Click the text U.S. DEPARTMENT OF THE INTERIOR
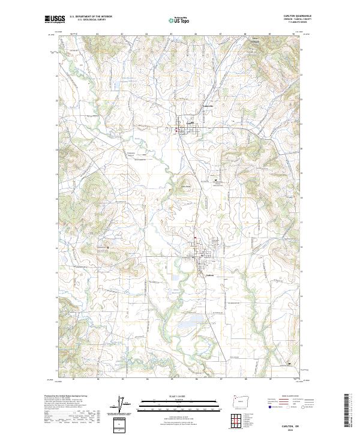pyautogui.click(x=91, y=16)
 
